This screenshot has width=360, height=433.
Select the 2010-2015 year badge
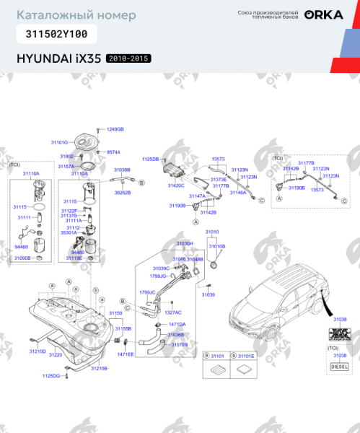pyautogui.click(x=129, y=58)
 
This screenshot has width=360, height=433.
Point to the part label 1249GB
pyautogui.click(x=115, y=129)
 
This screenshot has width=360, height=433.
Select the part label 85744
pyautogui.click(x=113, y=152)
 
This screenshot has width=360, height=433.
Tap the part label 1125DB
pyautogui.click(x=150, y=159)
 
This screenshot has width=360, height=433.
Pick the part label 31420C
pyautogui.click(x=176, y=185)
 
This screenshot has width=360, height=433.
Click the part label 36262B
pyautogui.click(x=123, y=193)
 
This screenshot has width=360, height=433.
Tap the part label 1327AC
pyautogui.click(x=173, y=312)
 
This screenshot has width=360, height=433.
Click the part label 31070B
pyautogui.click(x=180, y=345)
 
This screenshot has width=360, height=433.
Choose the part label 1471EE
pyautogui.click(x=126, y=354)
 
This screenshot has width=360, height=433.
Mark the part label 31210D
pyautogui.click(x=38, y=351)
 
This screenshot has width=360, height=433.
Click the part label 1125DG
pyautogui.click(x=51, y=376)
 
